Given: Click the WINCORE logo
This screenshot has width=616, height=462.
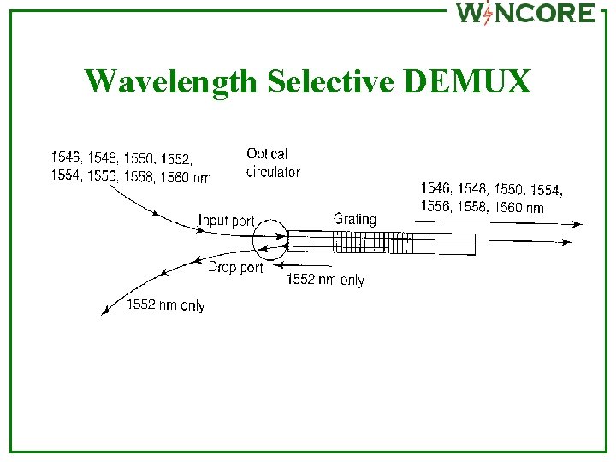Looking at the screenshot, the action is (525, 13).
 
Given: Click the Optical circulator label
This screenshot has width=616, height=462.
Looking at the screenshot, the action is (272, 163).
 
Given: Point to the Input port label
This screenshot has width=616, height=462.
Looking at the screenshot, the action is (226, 221).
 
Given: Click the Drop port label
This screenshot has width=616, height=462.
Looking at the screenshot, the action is (235, 268).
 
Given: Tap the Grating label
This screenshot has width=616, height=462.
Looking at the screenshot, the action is (354, 219).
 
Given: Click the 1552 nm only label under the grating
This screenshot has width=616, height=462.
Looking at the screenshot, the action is (325, 280).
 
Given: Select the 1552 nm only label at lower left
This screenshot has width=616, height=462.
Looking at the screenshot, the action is (165, 305).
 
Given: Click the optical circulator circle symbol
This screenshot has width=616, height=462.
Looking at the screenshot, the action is (271, 240).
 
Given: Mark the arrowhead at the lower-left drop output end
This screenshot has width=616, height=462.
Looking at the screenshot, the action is (104, 311).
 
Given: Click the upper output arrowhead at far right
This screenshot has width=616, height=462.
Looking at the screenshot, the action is (578, 224).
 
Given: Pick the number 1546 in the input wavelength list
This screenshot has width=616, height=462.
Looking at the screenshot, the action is (66, 157).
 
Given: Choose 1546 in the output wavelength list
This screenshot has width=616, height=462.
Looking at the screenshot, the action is (435, 188).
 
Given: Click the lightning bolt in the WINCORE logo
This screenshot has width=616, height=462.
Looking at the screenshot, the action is (487, 14).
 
